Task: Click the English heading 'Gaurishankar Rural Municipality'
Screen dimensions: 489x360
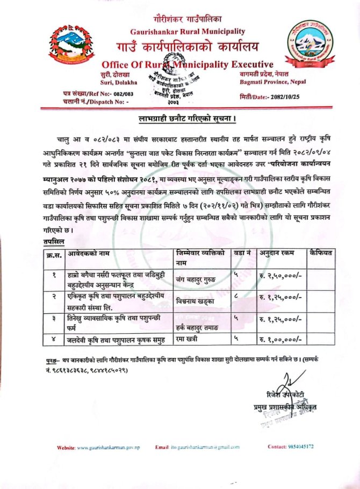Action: click(188, 32)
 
